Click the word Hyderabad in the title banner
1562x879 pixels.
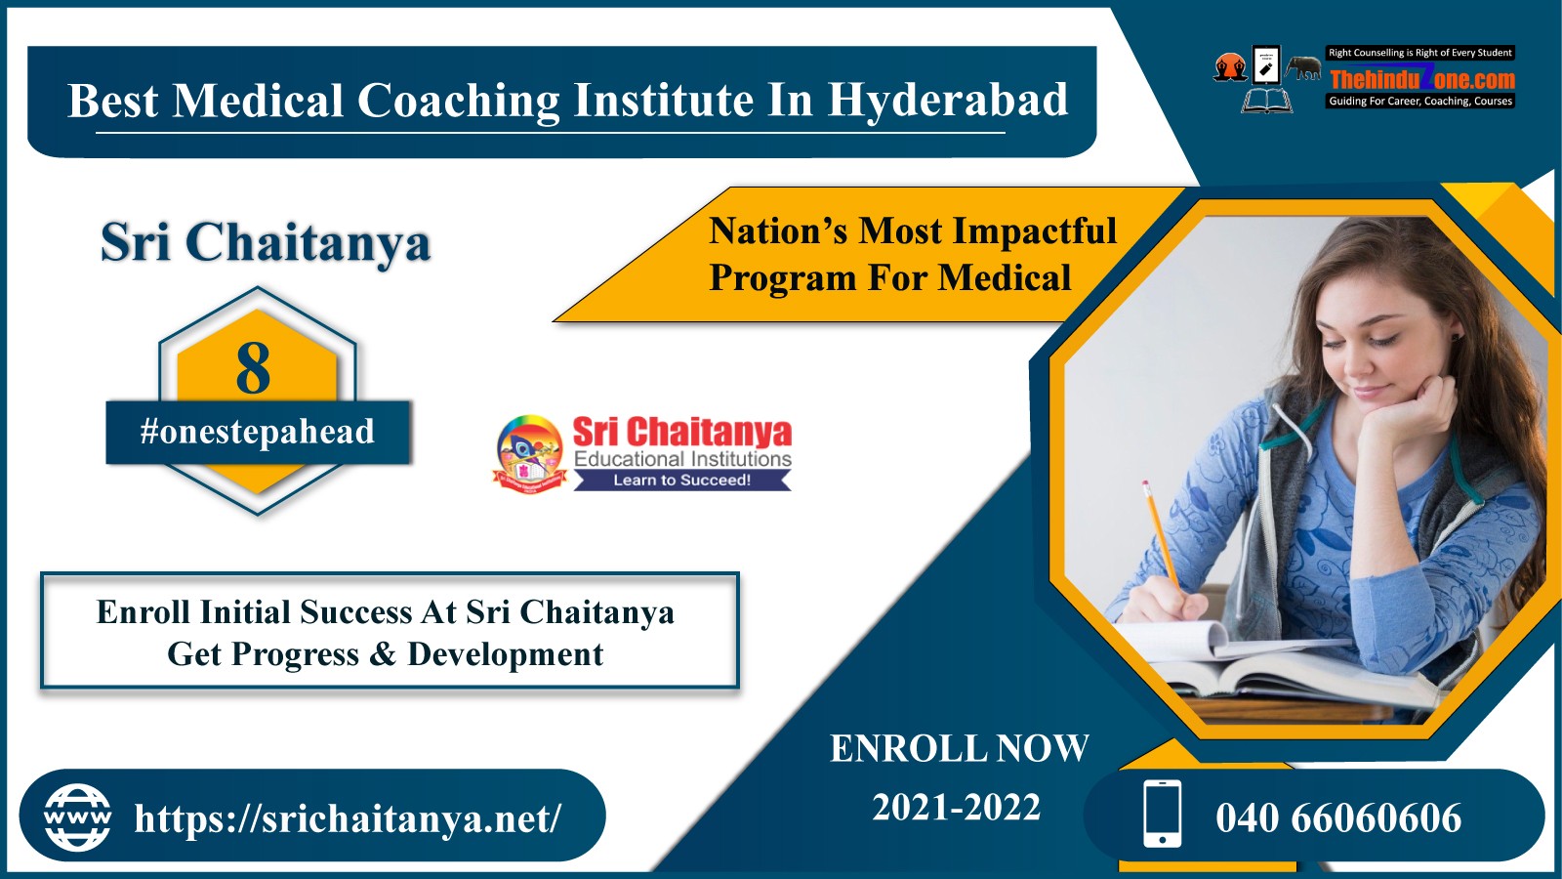948,100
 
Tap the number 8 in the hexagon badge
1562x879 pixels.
253,369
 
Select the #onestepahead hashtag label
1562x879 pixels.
258,432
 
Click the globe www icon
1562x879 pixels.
77,817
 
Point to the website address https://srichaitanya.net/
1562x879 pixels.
348,817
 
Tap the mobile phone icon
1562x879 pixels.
1163,815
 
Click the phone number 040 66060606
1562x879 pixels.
1338,817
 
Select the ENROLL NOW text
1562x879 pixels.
959,748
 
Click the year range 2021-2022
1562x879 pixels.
956,808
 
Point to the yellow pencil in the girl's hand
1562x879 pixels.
1160,533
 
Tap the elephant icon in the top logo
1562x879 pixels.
1303,67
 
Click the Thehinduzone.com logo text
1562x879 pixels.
1422,78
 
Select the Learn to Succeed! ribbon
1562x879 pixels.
682,480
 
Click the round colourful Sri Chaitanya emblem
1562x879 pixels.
529,453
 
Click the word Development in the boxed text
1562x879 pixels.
505,654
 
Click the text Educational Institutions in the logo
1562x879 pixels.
682,459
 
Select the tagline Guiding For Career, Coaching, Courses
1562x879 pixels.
1420,102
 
